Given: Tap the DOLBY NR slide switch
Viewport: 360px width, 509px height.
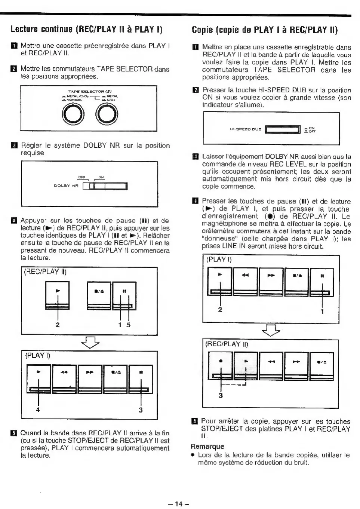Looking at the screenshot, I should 105,186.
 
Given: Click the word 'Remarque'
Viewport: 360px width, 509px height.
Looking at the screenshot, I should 207,446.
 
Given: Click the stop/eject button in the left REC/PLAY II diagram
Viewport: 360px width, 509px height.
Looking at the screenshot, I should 99,295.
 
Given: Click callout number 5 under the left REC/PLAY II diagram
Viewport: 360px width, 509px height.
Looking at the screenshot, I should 128,325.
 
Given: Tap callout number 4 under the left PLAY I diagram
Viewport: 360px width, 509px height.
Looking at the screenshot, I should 38,410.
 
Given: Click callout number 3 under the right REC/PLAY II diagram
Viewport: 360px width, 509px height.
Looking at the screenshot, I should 221,395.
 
